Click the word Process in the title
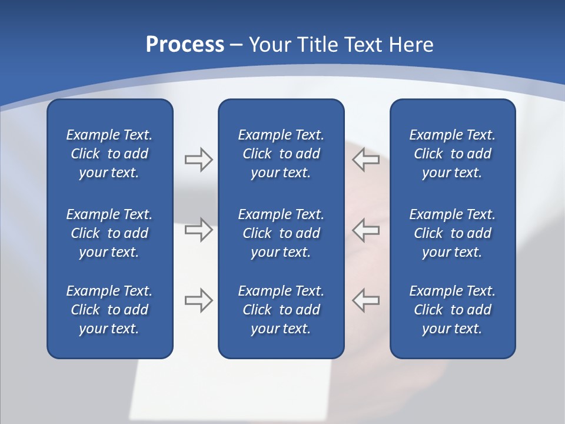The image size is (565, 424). point(185,45)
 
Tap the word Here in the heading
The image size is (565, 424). point(411,45)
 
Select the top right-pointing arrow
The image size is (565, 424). point(198,160)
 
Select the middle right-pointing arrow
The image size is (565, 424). point(198,230)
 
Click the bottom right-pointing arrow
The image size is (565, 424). point(198,300)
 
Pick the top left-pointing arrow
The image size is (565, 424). point(366,160)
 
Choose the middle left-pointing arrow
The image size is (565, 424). point(366,230)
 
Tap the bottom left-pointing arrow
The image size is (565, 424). point(366,300)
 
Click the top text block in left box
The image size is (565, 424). point(109,154)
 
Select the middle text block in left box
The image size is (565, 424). point(109,233)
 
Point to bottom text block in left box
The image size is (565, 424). point(109,310)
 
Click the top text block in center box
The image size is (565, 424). point(281,154)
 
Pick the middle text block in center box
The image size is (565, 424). point(281,233)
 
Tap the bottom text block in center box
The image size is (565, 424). point(281,310)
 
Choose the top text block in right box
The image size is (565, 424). point(452,154)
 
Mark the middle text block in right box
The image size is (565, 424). point(452,233)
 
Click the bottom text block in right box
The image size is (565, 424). point(452,310)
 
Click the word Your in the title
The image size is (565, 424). point(268,45)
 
